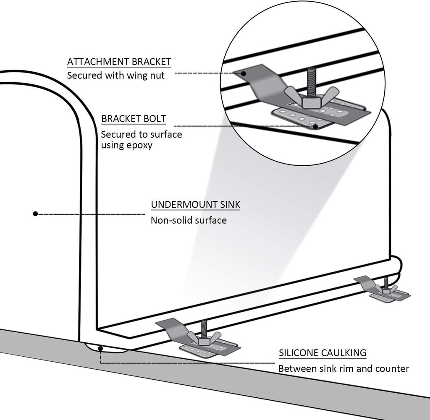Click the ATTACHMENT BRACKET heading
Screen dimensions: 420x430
coord(119,62)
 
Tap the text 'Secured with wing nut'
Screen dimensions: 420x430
coord(116,76)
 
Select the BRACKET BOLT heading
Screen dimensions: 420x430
coord(134,119)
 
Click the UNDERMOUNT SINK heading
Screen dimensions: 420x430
coord(196,205)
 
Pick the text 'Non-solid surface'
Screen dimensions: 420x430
coord(189,220)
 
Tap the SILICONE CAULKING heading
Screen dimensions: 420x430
coord(322,353)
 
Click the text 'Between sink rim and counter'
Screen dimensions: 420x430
coord(343,368)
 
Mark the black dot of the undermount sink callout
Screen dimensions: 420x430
coord(36,214)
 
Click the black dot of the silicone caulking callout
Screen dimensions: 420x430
coord(101,348)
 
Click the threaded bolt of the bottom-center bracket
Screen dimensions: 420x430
coord(204,326)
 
